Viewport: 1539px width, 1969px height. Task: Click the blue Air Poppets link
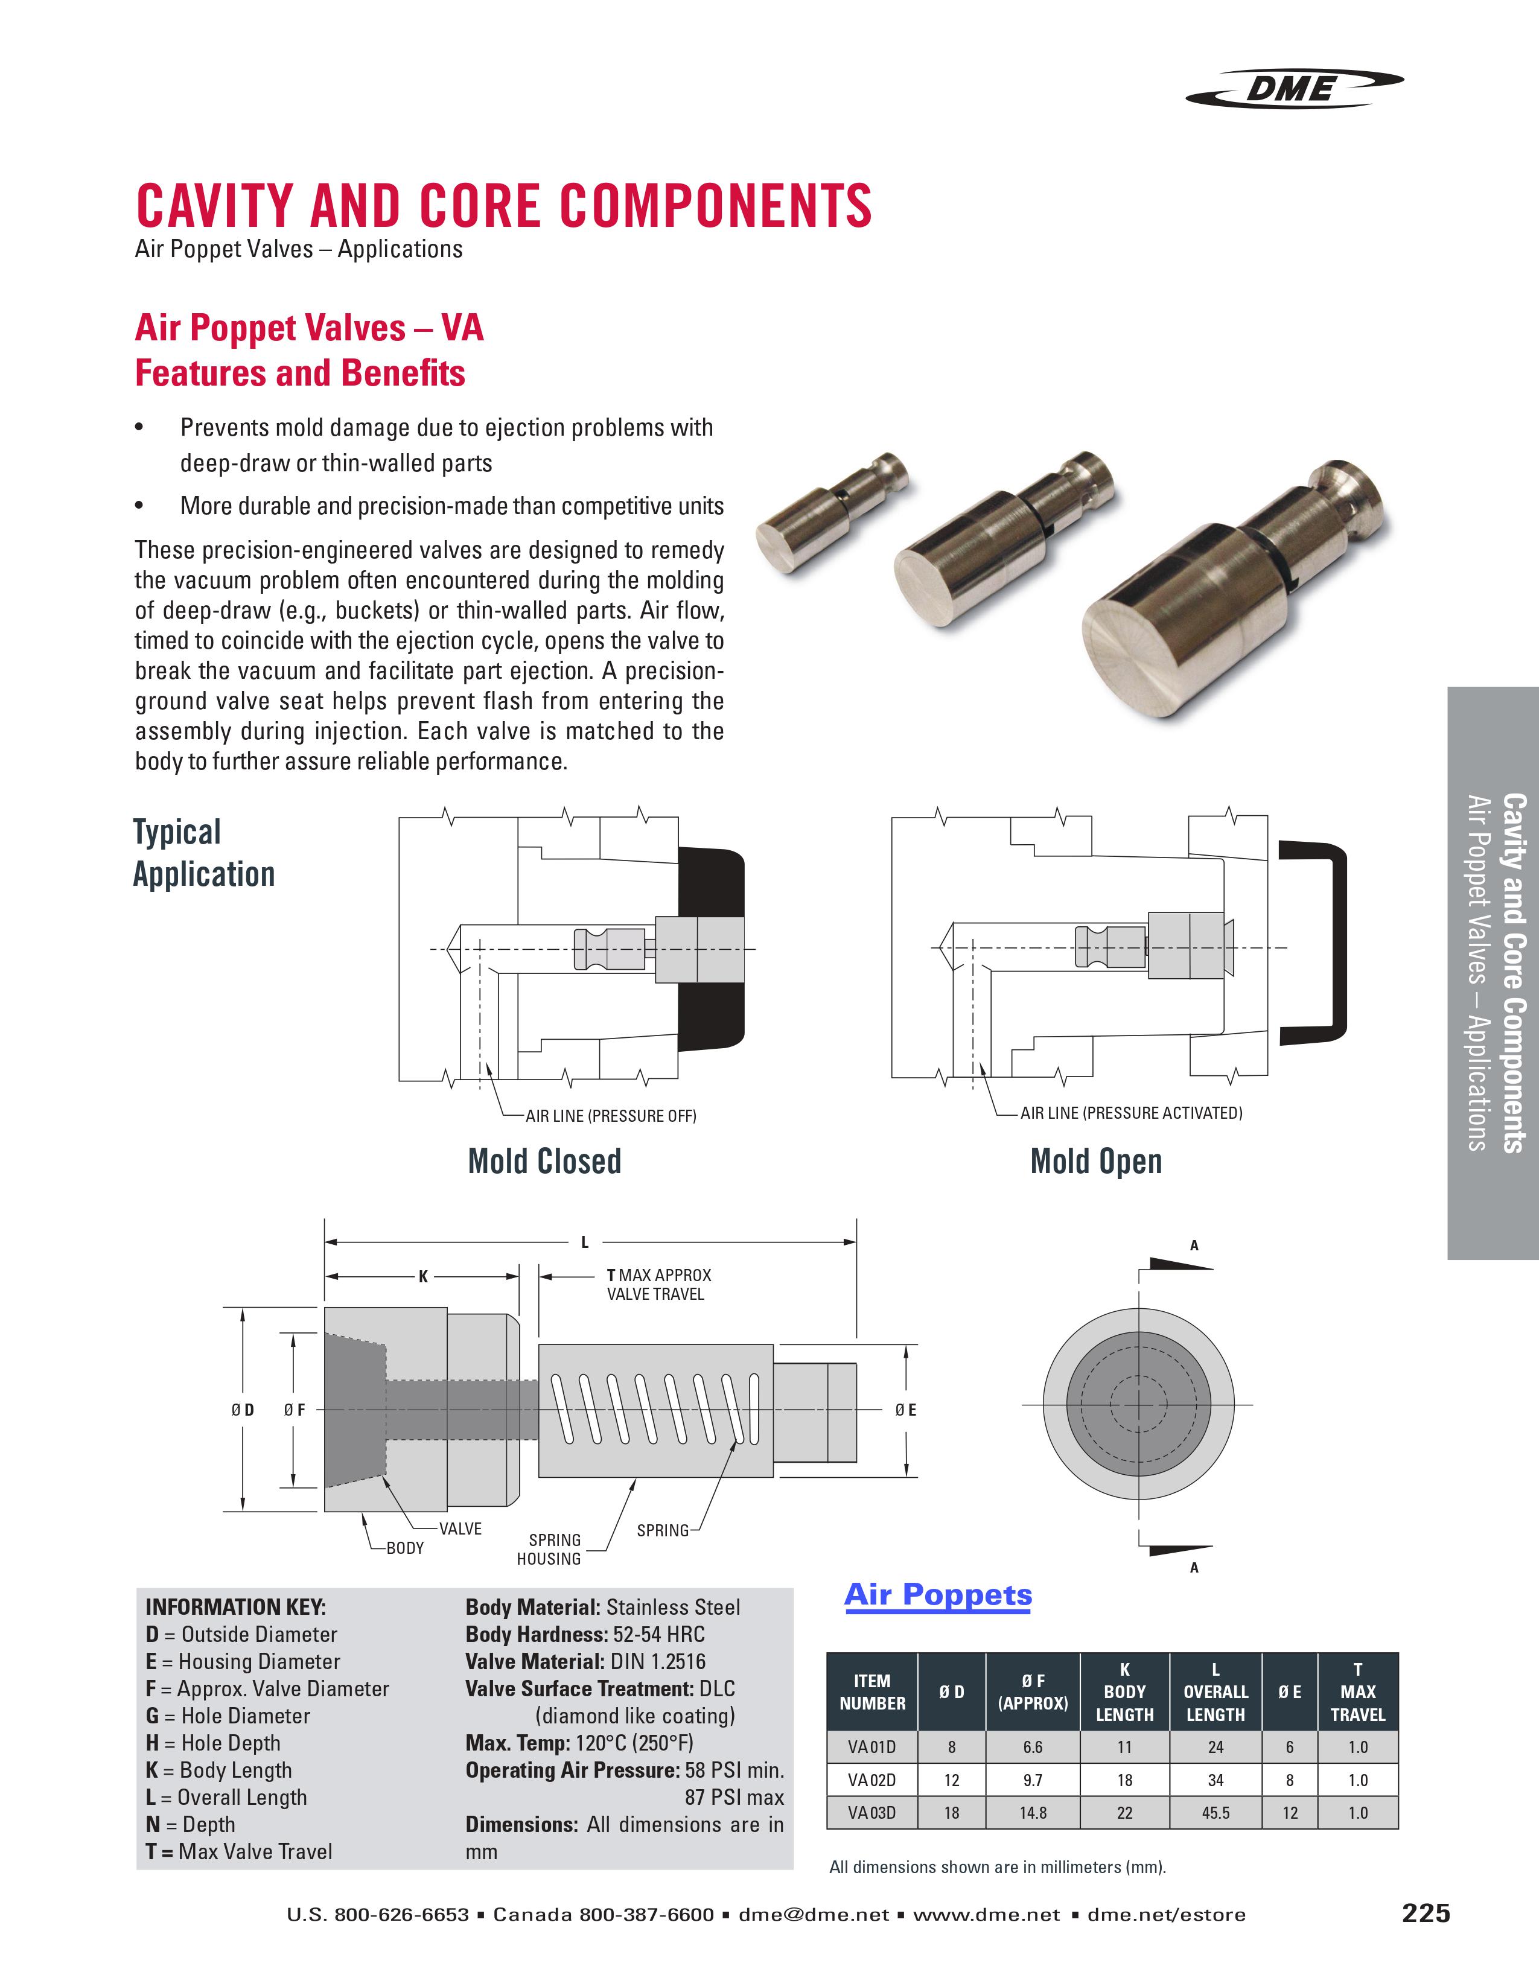click(938, 1595)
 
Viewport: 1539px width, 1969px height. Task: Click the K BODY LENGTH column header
click(1124, 1692)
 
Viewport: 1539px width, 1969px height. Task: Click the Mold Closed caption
click(544, 1161)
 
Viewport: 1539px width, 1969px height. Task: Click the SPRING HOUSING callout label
click(549, 1549)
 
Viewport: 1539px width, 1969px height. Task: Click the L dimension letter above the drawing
click(584, 1242)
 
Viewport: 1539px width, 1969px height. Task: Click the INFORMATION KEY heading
click(235, 1606)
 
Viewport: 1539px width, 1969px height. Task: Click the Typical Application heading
click(204, 853)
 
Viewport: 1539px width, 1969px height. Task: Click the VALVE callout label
click(460, 1529)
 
